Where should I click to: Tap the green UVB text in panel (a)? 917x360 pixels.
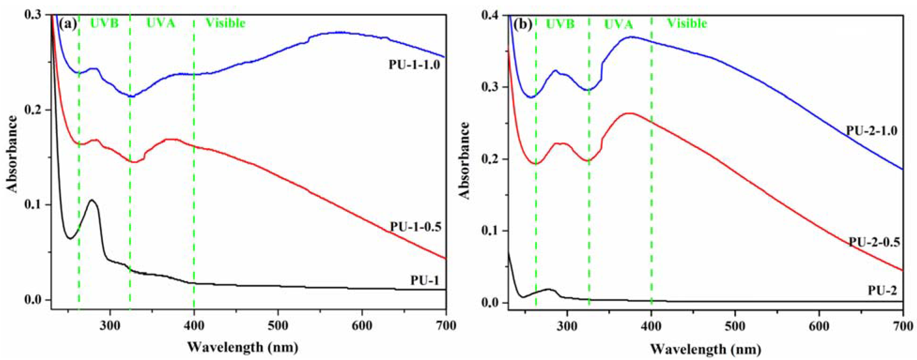point(104,23)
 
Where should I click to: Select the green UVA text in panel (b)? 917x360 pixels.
point(619,24)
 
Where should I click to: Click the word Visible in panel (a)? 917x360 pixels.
point(226,23)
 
